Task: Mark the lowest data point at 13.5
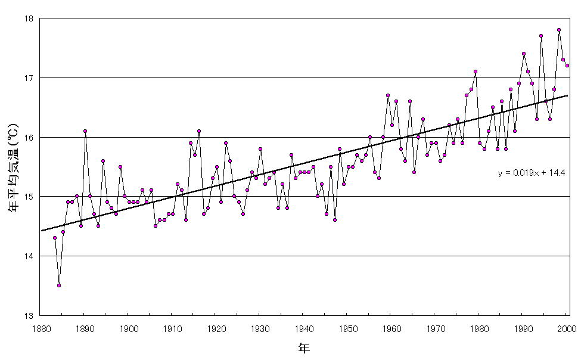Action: (59, 285)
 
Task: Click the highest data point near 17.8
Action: (559, 30)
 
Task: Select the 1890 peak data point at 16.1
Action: (85, 131)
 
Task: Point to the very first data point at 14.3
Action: (54, 238)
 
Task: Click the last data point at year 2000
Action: (567, 66)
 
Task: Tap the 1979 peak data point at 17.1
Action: (476, 72)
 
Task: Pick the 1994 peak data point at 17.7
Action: (541, 36)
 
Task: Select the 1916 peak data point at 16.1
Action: (199, 131)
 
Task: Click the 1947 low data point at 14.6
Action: (335, 220)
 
